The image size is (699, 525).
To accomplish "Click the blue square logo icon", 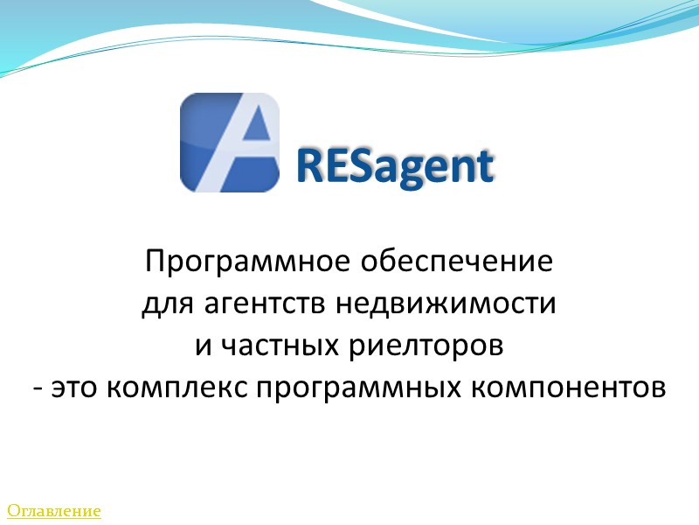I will coord(230,143).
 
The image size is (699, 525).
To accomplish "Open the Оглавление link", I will coord(54,510).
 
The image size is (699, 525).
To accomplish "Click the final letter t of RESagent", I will coord(485,166).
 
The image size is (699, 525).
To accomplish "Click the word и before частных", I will coord(203,346).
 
